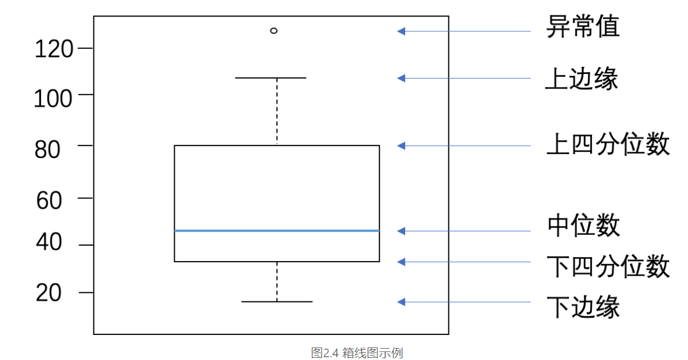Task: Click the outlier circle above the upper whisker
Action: click(274, 31)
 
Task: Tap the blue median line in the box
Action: click(277, 230)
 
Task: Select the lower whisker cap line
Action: click(277, 301)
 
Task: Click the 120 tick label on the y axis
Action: click(54, 49)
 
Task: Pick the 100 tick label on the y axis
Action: click(53, 99)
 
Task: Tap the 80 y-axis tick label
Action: click(48, 150)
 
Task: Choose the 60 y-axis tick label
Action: click(48, 200)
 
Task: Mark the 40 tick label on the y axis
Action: click(48, 243)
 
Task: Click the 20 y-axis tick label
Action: click(48, 293)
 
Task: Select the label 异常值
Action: click(583, 27)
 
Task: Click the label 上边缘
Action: click(582, 79)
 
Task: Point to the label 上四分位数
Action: click(608, 144)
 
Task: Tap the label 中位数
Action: click(583, 226)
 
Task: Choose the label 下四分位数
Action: click(608, 267)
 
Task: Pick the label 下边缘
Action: click(583, 307)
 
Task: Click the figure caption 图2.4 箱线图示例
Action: click(357, 353)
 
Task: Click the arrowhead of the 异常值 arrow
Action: click(401, 31)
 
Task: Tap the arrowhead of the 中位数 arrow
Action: click(401, 231)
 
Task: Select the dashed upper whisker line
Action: click(277, 111)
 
